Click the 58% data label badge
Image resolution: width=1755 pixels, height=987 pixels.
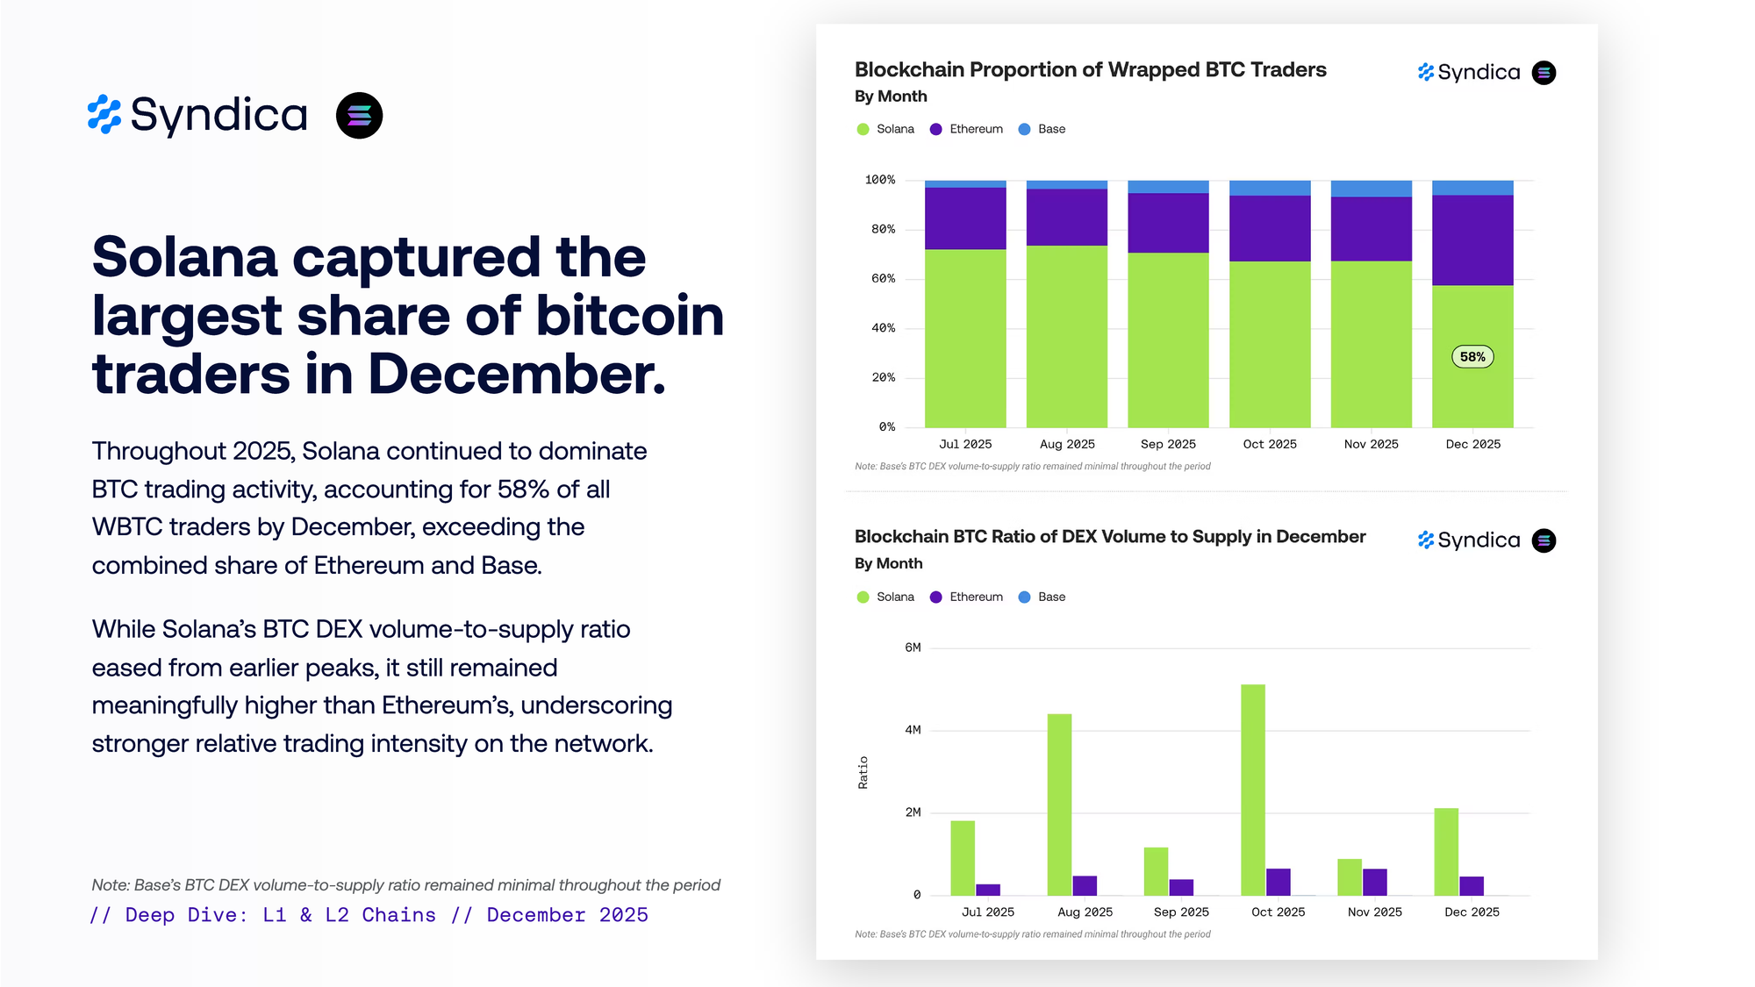click(x=1472, y=357)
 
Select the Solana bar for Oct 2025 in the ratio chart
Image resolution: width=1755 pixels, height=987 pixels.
click(x=1252, y=790)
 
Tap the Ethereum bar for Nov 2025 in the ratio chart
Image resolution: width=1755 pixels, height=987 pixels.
click(x=1375, y=882)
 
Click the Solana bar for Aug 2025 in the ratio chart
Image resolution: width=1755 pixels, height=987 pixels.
click(x=1059, y=805)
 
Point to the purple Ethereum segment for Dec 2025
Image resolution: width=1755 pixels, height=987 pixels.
click(x=1472, y=240)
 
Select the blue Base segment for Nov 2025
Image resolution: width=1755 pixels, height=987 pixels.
click(x=1371, y=189)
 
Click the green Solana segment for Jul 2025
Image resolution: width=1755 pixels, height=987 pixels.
click(x=965, y=339)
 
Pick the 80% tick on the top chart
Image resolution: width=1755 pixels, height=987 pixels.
click(x=883, y=229)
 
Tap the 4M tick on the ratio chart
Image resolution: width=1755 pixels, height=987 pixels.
click(x=913, y=730)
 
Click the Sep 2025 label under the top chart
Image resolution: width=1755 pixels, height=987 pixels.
click(x=1168, y=444)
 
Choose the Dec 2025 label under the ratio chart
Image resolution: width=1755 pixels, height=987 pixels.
click(x=1472, y=912)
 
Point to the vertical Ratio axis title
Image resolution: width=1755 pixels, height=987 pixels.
click(x=863, y=772)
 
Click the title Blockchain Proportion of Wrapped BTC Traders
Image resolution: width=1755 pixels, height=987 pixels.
click(x=1090, y=69)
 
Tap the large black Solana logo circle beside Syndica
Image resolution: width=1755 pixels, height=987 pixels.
click(x=359, y=116)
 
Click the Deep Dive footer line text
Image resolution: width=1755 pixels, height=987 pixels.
click(x=369, y=915)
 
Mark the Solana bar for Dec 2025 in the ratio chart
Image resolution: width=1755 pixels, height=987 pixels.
click(x=1446, y=851)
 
